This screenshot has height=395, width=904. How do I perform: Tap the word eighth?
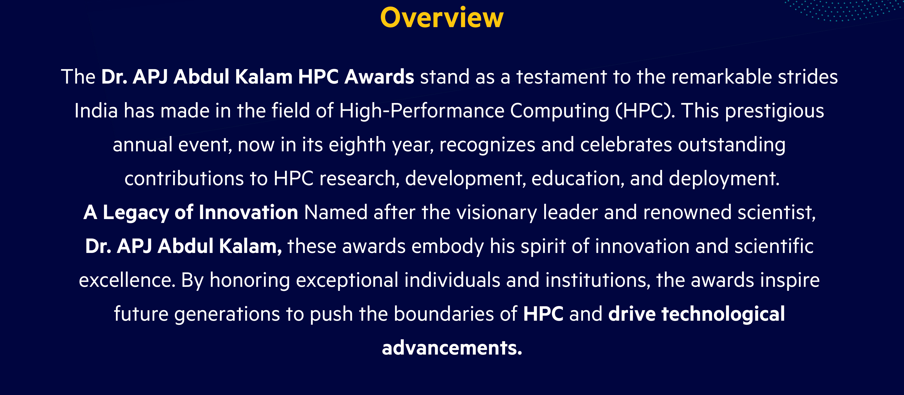pos(357,145)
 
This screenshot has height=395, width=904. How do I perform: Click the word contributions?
pos(184,179)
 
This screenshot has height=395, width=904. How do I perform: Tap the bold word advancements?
pos(452,348)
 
